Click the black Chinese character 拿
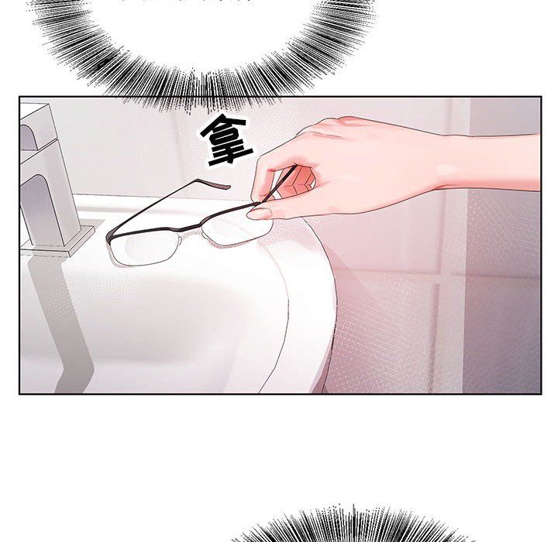(226, 140)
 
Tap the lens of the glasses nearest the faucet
(146, 248)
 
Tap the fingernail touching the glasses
(259, 214)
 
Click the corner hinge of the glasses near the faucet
(109, 238)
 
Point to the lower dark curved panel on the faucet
(36, 210)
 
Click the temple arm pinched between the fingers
(277, 186)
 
